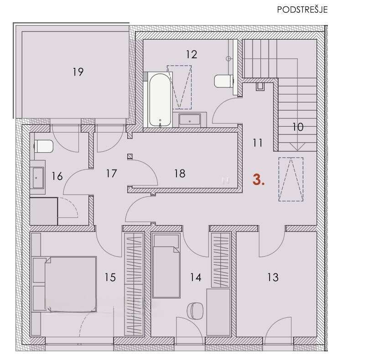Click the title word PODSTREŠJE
pos(302,10)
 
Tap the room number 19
pos(78,72)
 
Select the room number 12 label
pos(192,54)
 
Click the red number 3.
pos(259,180)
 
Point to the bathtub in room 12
pos(160,100)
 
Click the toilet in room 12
pos(223,81)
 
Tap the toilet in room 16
pos(44,146)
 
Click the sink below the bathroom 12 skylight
pos(190,119)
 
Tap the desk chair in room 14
pos(195,311)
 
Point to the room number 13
pos(273,277)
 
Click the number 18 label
pos(180,174)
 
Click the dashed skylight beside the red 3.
pos(291,180)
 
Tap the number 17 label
pos(111,174)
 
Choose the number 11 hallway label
pos(258,143)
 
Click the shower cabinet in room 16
pos(44,211)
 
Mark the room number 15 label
pos(110,277)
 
